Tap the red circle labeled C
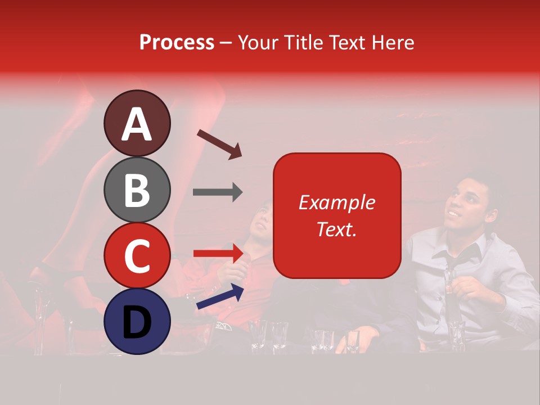pyautogui.click(x=137, y=255)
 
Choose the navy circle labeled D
pyautogui.click(x=137, y=321)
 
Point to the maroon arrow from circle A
pyautogui.click(x=219, y=143)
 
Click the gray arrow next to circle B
pyautogui.click(x=218, y=192)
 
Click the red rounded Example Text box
pyautogui.click(x=337, y=215)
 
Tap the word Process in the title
pyautogui.click(x=177, y=42)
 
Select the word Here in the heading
pyautogui.click(x=394, y=42)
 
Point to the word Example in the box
pyautogui.click(x=337, y=202)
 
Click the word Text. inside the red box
pyautogui.click(x=337, y=229)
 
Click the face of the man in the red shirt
pyautogui.click(x=262, y=219)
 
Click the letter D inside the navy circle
pyautogui.click(x=137, y=322)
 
